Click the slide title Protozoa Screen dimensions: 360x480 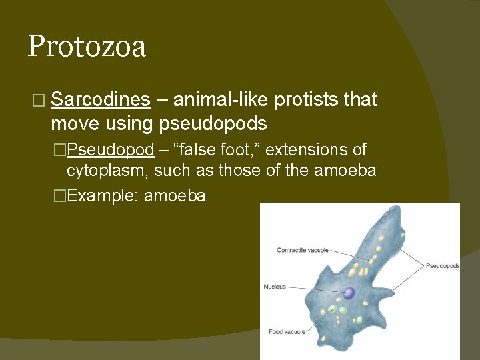tap(87, 47)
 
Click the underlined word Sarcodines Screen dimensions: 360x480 tap(100, 100)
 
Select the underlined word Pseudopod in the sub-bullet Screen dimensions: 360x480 tap(111, 149)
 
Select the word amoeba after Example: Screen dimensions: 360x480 tap(175, 196)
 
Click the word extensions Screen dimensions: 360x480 tap(306, 149)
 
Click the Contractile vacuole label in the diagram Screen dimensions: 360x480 tap(303, 250)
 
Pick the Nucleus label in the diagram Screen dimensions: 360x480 tap(275, 287)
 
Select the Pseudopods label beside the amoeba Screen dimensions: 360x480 tap(443, 265)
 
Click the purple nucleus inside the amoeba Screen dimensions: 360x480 tap(349, 293)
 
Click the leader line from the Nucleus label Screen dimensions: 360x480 tap(313, 289)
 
